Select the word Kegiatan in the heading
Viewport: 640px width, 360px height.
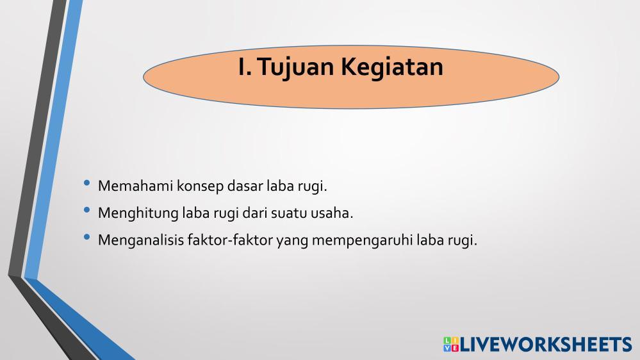point(392,67)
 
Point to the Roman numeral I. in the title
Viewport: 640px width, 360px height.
point(245,66)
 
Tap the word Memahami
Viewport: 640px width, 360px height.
point(136,186)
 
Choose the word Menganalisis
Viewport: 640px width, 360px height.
point(141,241)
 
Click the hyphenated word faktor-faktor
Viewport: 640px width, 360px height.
point(230,240)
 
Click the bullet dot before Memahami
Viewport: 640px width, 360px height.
point(86,183)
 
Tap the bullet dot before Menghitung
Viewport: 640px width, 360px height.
point(86,210)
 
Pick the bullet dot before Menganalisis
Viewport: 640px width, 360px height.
point(86,237)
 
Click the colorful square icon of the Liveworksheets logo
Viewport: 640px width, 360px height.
point(451,344)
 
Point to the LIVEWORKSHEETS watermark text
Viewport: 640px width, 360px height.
point(546,345)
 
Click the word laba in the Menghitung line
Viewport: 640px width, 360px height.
point(196,213)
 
